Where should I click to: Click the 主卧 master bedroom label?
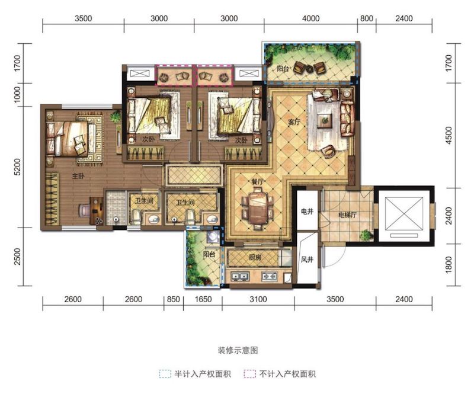[78, 175]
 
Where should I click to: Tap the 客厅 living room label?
[294, 122]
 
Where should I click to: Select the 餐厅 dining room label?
[258, 182]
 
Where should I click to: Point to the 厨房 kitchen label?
[255, 258]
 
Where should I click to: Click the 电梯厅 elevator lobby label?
[347, 215]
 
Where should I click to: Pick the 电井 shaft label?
[307, 212]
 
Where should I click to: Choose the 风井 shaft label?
[307, 259]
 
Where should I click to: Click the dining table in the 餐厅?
[258, 208]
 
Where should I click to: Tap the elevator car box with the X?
[404, 214]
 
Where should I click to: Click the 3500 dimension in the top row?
[83, 18]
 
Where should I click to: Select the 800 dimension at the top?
[366, 18]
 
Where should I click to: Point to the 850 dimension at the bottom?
[173, 299]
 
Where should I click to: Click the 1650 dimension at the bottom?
[203, 299]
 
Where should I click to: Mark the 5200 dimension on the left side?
[18, 167]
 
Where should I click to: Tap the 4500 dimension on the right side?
[449, 135]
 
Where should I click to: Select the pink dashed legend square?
[249, 374]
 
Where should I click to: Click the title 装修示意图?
[238, 350]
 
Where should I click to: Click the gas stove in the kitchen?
[270, 276]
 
